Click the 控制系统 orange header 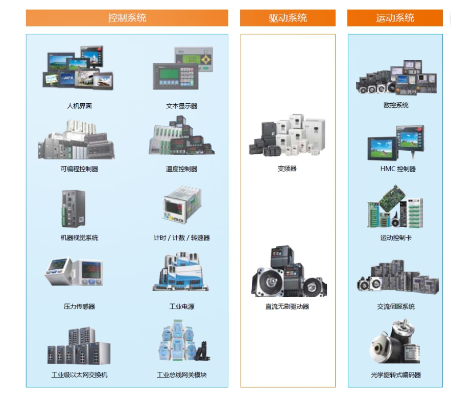pos(127,18)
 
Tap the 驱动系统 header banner pos(288,18)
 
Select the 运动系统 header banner pos(395,18)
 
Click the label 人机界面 pos(79,106)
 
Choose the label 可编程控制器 pos(79,169)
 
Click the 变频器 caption pos(287,169)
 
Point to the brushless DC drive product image pos(288,272)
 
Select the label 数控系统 pos(396,105)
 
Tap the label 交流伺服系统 pos(396,307)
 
